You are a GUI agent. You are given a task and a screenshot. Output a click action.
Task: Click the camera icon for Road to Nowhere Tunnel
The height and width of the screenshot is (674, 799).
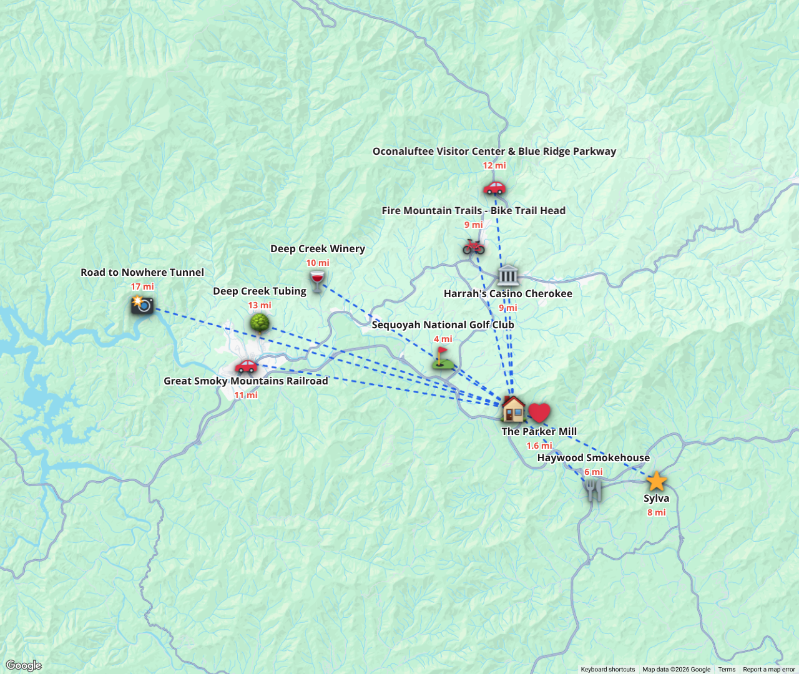click(142, 305)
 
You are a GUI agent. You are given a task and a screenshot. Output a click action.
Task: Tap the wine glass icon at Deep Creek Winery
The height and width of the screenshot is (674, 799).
click(317, 281)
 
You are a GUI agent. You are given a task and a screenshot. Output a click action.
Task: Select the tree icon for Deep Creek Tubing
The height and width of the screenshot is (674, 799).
click(260, 323)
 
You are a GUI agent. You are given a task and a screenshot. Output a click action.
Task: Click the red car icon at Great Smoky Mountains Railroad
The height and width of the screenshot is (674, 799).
click(246, 366)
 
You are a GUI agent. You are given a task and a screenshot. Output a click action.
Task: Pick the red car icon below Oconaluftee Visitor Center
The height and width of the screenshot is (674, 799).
click(494, 187)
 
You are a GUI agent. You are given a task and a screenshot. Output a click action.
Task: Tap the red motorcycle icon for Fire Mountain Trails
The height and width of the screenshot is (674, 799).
click(474, 247)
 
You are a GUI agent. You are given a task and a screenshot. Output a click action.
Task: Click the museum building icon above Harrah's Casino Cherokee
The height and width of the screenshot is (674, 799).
click(508, 275)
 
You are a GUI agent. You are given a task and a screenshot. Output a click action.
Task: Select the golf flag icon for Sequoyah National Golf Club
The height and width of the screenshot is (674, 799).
click(442, 358)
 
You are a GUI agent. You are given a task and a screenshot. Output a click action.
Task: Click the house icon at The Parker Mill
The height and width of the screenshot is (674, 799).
click(513, 409)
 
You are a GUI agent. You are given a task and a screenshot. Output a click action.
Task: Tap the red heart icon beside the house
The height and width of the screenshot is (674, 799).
click(539, 413)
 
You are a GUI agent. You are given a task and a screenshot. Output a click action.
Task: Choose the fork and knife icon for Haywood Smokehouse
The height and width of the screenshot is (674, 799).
click(594, 490)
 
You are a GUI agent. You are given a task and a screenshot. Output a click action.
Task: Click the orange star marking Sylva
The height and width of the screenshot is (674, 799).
click(657, 481)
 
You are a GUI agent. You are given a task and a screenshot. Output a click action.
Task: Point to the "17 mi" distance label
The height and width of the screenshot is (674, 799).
click(142, 286)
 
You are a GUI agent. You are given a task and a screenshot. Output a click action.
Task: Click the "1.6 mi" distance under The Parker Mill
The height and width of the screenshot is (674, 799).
click(539, 446)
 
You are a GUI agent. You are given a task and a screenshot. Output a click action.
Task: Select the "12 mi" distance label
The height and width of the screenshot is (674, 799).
click(494, 165)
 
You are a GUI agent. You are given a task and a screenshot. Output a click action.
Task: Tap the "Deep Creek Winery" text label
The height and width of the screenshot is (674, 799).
click(318, 248)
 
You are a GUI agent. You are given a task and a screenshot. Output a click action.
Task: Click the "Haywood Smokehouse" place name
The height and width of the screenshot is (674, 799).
click(594, 457)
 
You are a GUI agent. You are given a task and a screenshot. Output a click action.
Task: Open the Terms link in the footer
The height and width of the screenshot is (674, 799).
click(727, 669)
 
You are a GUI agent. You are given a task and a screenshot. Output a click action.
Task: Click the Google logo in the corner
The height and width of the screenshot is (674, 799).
click(24, 665)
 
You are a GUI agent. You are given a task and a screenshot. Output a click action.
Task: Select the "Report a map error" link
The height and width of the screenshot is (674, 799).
click(768, 669)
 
